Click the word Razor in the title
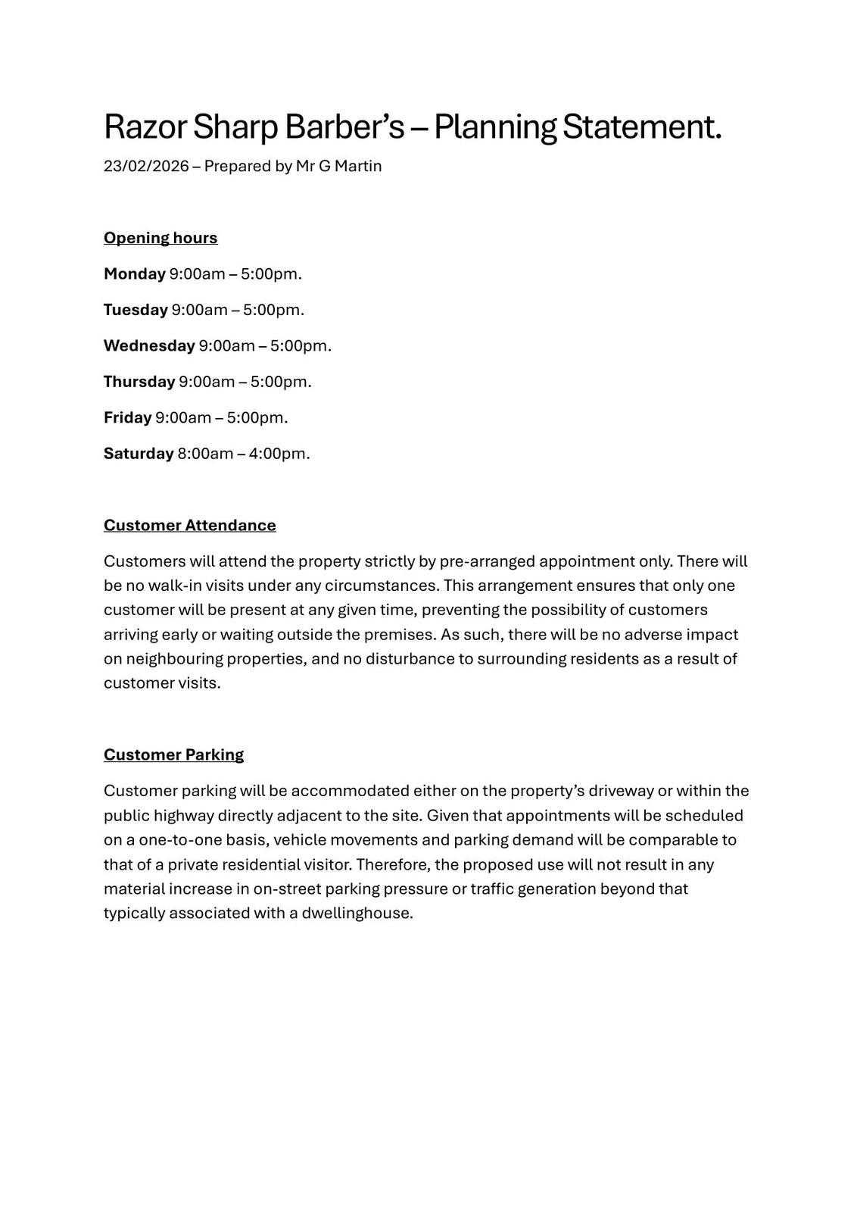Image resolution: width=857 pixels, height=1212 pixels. point(145,127)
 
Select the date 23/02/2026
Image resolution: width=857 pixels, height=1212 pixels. point(146,166)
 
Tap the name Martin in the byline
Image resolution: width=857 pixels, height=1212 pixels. point(358,166)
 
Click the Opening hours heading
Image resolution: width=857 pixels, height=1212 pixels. point(160,238)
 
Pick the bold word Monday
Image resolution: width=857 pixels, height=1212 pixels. point(135,273)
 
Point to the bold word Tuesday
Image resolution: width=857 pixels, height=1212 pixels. point(136,310)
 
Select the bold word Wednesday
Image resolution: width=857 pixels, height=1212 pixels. point(149,345)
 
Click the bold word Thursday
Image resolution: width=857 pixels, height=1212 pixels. point(139,382)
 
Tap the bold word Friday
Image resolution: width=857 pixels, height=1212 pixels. point(128,417)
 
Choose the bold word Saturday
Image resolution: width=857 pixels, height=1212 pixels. point(139,454)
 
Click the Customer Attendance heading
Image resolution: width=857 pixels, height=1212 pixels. point(190,525)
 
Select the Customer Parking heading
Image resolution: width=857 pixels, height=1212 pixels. point(173,754)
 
